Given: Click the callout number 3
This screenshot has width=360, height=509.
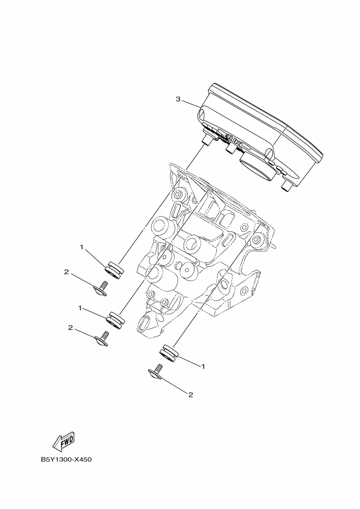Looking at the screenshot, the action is [x=178, y=99].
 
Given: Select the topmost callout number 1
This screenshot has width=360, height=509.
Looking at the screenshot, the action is [x=82, y=247].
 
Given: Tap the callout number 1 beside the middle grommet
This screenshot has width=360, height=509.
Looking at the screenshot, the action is [x=80, y=308].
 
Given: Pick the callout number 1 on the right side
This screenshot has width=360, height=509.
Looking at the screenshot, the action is [x=203, y=366].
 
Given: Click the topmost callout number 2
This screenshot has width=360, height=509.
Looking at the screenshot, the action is [x=66, y=272].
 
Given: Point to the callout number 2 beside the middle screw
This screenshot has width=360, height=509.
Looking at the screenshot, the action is [x=70, y=328].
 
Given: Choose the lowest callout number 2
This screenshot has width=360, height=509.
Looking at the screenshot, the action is [x=191, y=395].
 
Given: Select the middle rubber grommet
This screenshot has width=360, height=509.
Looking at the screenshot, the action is [x=115, y=320].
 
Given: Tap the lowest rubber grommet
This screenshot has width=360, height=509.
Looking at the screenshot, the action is [x=168, y=353].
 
